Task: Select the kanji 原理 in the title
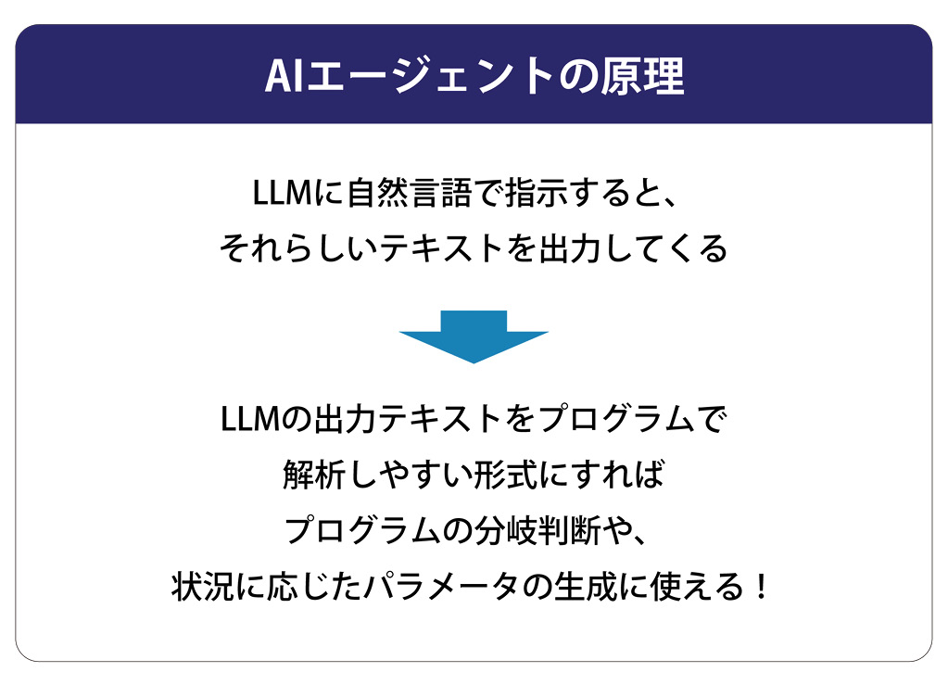coord(644,77)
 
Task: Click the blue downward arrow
coord(474,335)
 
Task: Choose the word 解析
coord(315,476)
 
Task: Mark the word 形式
coord(523,476)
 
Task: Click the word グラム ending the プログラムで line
coord(645,419)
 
